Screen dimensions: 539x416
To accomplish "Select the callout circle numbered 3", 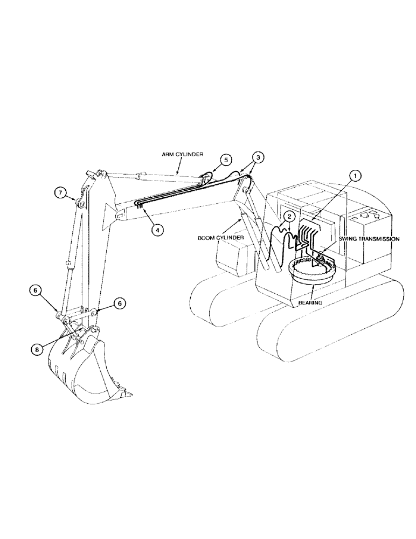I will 259,157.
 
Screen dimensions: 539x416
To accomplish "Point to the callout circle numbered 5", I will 226,160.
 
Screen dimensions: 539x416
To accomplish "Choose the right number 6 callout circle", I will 120,304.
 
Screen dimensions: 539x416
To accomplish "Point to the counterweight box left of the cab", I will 232,256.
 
